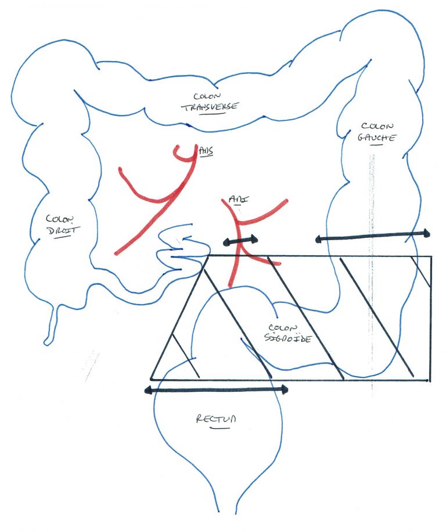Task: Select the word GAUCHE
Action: (x=377, y=138)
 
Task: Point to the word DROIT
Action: (x=62, y=230)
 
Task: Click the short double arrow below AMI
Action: (x=240, y=239)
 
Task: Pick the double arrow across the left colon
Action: (x=372, y=235)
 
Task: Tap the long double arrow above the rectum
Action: (x=216, y=390)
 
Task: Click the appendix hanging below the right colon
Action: (x=52, y=323)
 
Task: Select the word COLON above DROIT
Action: (x=60, y=219)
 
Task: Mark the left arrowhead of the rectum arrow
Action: (x=149, y=390)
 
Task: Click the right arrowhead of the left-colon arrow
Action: (x=426, y=233)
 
